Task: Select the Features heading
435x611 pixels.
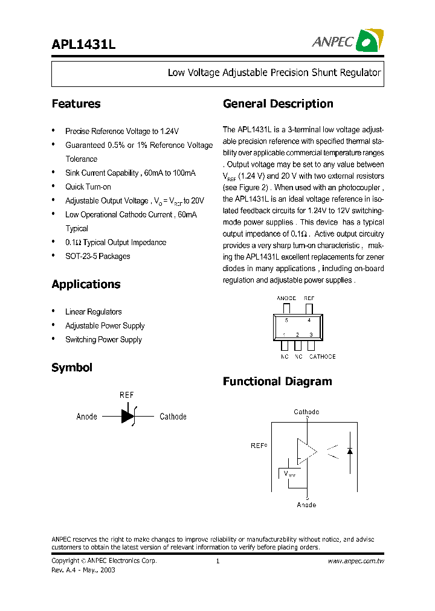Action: [76, 104]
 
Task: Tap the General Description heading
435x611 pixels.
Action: [278, 104]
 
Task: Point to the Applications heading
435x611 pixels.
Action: [86, 284]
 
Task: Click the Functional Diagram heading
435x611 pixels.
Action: [277, 382]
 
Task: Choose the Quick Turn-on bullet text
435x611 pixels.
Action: [88, 187]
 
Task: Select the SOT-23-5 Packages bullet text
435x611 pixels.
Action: [98, 257]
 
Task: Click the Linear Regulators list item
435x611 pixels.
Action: [94, 312]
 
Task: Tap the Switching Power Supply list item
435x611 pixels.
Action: [103, 340]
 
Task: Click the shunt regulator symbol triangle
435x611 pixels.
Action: [127, 416]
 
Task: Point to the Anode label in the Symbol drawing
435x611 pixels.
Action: [87, 417]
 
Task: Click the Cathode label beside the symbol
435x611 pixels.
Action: [173, 417]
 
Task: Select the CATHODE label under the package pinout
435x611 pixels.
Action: [322, 357]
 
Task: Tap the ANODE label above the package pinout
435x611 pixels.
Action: [286, 298]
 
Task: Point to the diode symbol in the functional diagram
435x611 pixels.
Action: [350, 450]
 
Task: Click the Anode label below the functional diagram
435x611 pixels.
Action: [306, 505]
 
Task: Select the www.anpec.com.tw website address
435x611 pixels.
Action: [356, 561]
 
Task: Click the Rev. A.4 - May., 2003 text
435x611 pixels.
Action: [83, 570]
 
